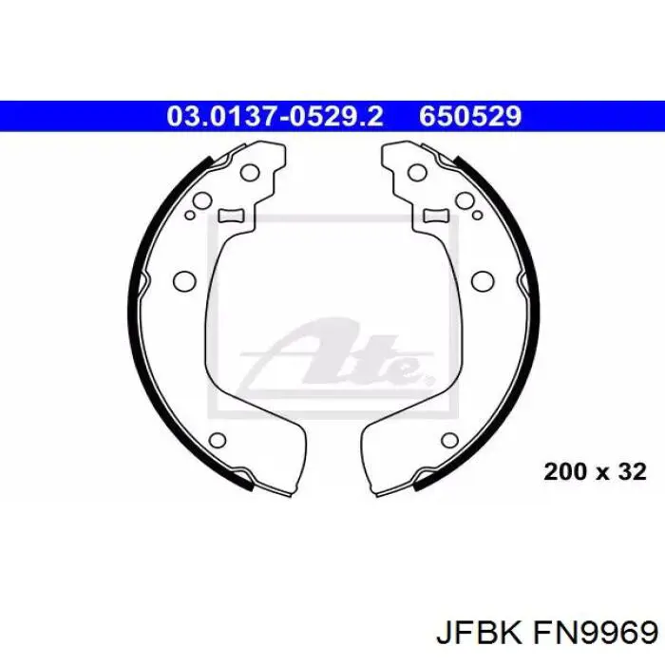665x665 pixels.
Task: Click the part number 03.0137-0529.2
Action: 275,116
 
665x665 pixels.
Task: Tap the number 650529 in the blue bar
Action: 470,116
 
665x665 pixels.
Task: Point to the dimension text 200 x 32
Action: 595,471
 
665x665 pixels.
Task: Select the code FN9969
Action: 594,635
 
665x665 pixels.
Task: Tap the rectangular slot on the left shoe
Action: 231,216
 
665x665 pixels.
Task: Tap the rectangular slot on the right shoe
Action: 436,216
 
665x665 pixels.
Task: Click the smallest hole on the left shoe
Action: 190,216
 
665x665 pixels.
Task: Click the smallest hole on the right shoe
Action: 477,216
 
